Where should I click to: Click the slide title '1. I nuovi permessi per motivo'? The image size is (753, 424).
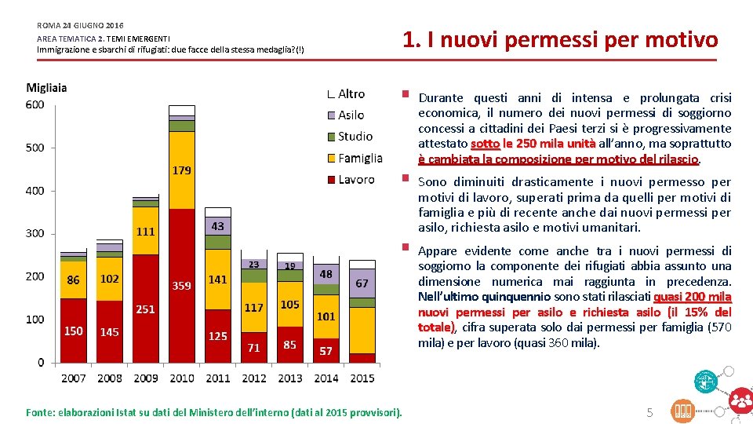point(559,39)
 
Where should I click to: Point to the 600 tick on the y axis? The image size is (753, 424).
point(35,104)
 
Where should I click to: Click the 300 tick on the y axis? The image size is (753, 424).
point(35,233)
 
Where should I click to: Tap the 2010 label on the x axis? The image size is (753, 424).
point(181,378)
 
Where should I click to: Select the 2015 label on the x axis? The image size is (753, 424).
point(362,378)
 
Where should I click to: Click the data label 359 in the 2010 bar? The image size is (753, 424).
point(181,286)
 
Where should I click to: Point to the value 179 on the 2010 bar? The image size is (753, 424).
point(181,170)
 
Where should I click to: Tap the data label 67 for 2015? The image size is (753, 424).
point(362,283)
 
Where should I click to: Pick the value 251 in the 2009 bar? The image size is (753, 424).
point(145,309)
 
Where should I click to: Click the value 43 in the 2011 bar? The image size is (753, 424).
point(217,226)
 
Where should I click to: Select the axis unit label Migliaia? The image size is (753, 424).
point(46,87)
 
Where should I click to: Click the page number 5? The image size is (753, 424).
point(649,411)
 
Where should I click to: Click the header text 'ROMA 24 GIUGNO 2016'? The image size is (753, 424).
point(80,26)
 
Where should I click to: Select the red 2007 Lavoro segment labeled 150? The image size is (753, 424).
point(73,331)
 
